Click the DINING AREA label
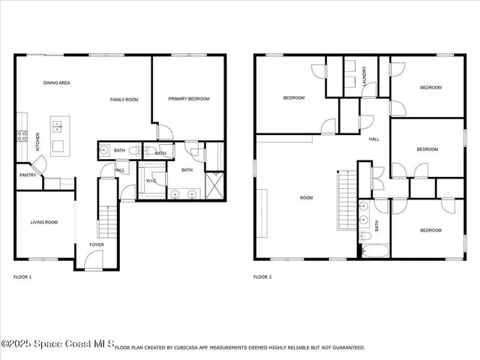pos(57,82)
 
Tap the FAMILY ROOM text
pos(124,100)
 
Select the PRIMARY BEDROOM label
pos(188,99)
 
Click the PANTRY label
pos(28,176)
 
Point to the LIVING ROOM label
pos(44,222)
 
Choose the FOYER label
pos(97,244)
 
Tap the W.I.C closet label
pos(151,181)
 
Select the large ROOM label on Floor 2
pos(306,198)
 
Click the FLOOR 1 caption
pos(22,277)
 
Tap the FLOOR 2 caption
pos(262,277)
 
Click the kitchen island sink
pos(58,126)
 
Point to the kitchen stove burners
pos(22,136)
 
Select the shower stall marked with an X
pos(215,183)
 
